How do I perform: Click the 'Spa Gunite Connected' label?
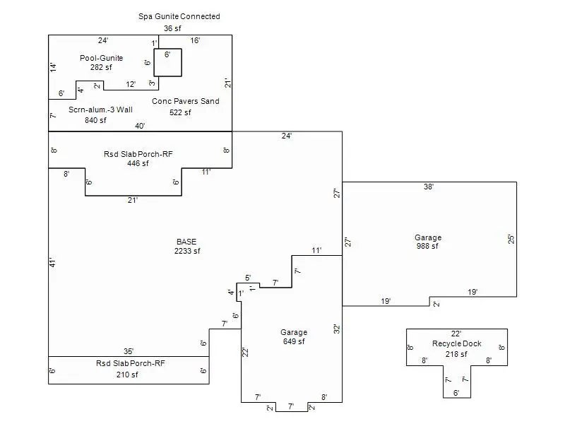pos(179,16)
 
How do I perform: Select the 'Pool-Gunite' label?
pos(101,58)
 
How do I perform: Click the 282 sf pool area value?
pos(101,68)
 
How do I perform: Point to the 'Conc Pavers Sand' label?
pos(186,101)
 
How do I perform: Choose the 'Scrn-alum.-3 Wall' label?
pos(100,110)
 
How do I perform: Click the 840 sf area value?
pos(95,120)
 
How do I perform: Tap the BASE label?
pos(186,242)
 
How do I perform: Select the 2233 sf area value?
pos(187,251)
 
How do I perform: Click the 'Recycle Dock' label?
pos(457,344)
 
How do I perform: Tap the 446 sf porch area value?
pos(138,163)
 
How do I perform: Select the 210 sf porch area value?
pos(127,375)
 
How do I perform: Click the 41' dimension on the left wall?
pos(52,263)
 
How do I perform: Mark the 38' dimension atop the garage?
pos(428,187)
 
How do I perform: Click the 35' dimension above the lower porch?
pos(129,351)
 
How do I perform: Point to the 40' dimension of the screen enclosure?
pos(141,126)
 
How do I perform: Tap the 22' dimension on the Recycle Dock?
pos(456,334)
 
